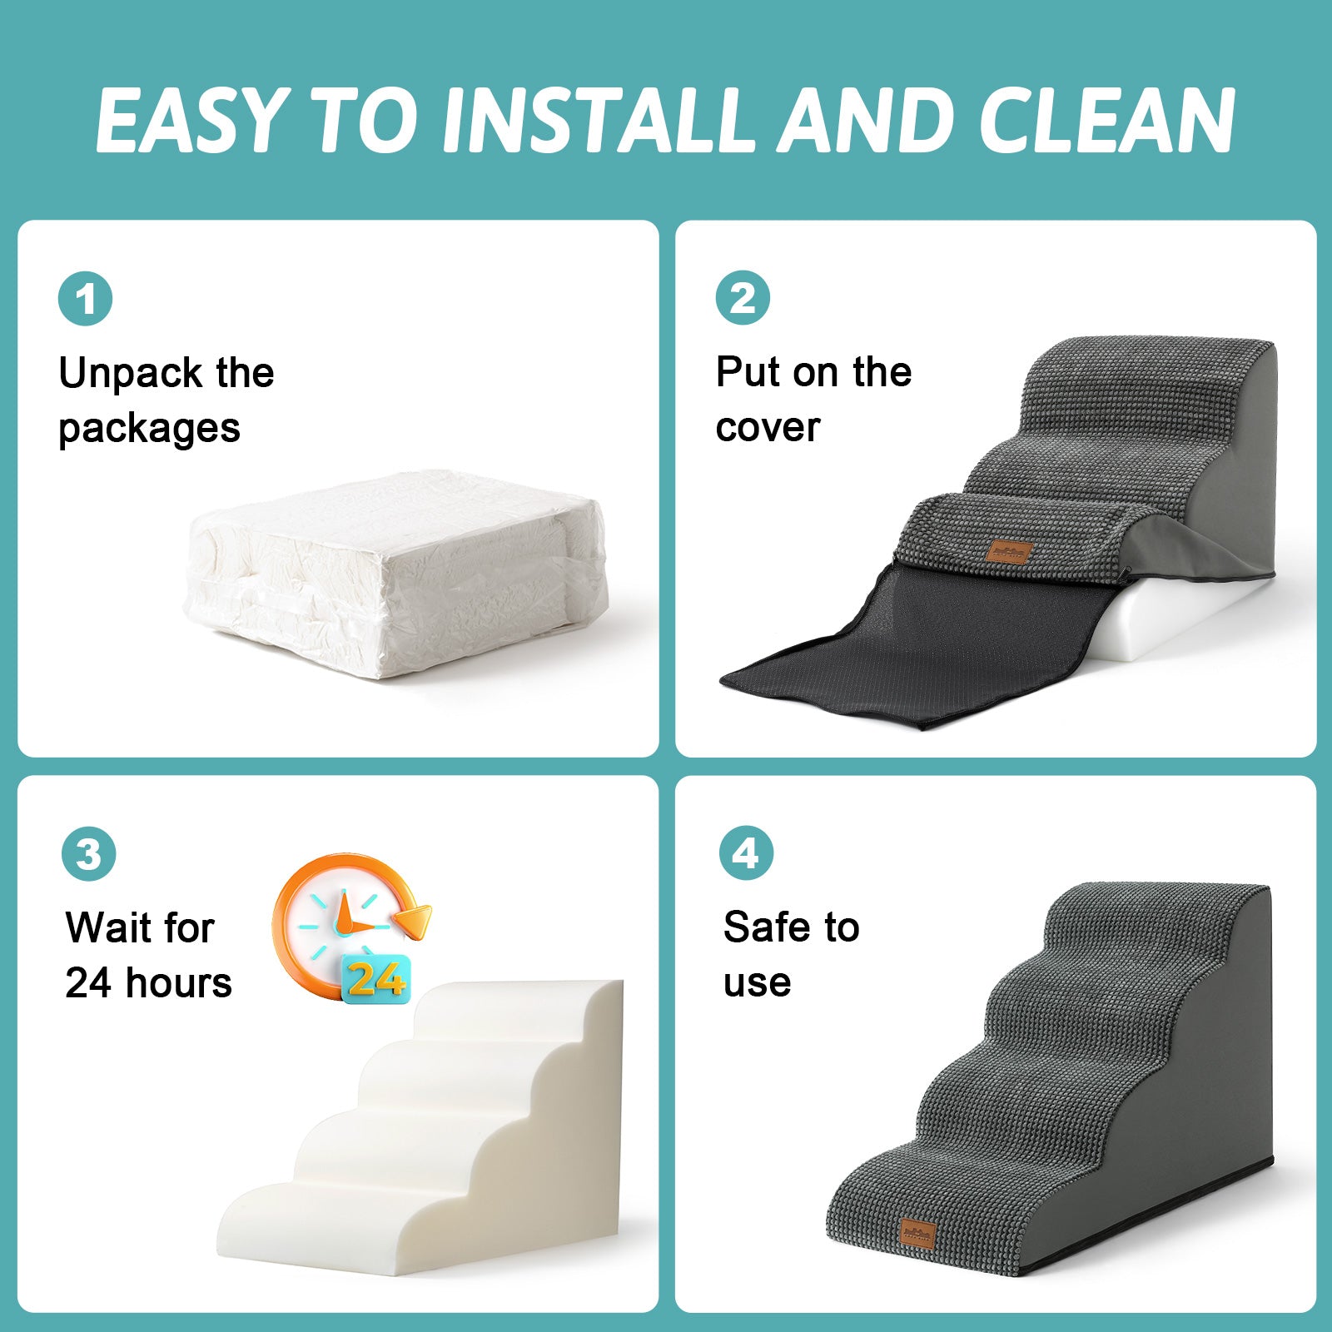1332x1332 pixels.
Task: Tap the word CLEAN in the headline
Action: (1106, 120)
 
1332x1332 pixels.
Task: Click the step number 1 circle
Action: (85, 299)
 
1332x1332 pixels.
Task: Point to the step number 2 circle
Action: (743, 298)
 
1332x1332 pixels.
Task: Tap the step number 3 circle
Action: (88, 854)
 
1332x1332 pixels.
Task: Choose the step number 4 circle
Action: (746, 853)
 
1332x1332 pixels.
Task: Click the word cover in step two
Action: (768, 428)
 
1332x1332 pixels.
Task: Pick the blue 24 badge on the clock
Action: (376, 979)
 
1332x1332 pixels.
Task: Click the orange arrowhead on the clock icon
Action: (413, 921)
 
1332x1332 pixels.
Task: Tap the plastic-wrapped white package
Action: (395, 574)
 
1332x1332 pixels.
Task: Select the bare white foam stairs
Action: (420, 1128)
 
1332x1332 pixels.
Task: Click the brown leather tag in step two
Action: (1009, 551)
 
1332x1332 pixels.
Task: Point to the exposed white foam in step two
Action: (1182, 620)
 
